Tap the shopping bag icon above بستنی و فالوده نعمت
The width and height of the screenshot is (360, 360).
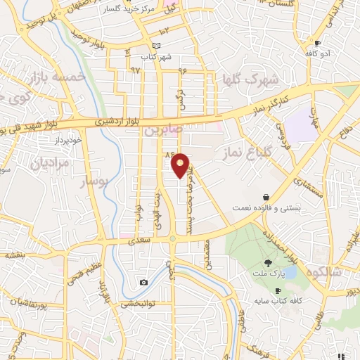[266, 197]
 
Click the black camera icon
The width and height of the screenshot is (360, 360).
[144, 283]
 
